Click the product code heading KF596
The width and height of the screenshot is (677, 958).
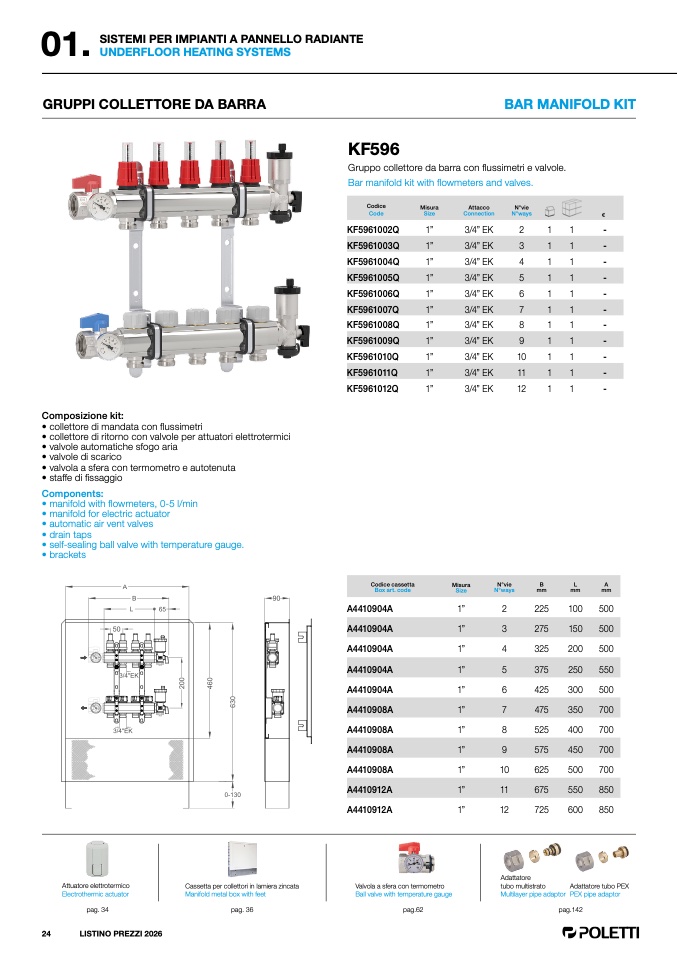pos(373,149)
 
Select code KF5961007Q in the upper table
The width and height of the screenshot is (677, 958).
pos(373,309)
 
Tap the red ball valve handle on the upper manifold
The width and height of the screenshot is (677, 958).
pos(86,183)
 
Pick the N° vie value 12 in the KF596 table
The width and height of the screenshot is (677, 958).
pos(521,389)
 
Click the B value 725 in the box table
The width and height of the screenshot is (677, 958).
pos(541,810)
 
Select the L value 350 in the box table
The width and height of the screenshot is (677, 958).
pos(575,709)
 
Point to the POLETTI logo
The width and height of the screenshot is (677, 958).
pos(601,932)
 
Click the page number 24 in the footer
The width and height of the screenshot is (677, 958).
pos(46,934)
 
